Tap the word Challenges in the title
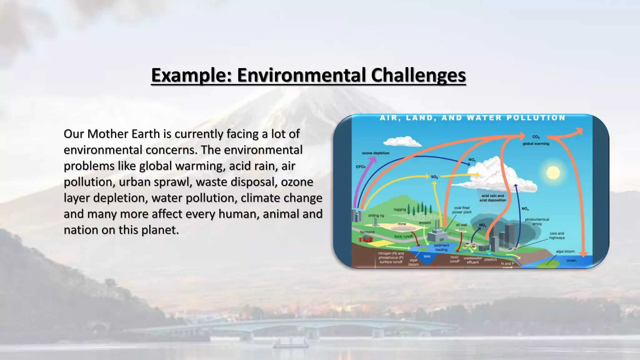coord(418,75)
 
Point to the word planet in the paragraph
coord(159,230)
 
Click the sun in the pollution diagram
coord(553,172)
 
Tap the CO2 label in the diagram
coord(536,137)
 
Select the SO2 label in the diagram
coord(434,177)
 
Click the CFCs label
coord(361,167)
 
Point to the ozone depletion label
coord(375,153)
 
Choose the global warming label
coord(536,144)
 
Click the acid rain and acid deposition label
coord(492,198)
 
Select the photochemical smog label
coord(537,222)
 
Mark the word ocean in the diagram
coord(571,260)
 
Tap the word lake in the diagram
coord(427,256)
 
